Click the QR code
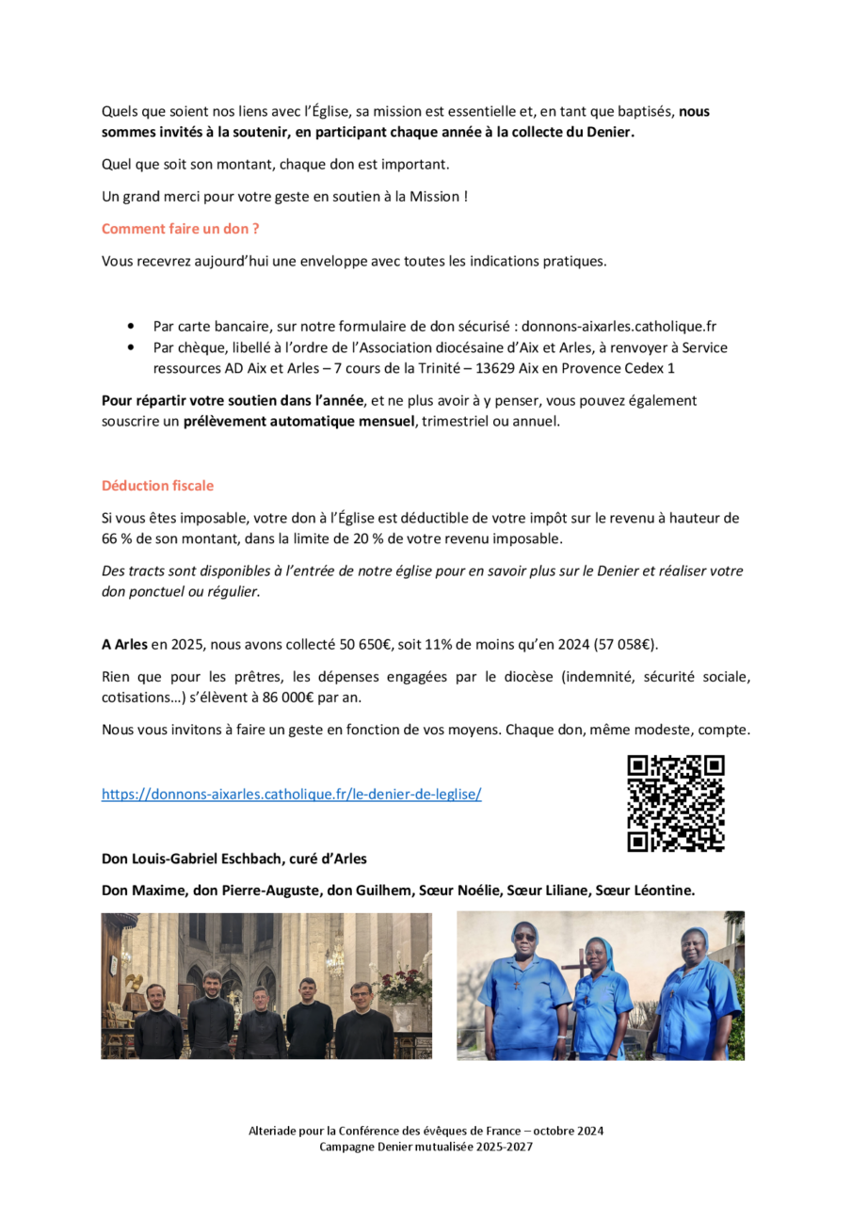pos(675,803)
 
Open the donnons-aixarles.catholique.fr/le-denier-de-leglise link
pos(291,794)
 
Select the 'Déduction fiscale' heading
pos(157,486)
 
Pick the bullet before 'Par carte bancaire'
pos(130,327)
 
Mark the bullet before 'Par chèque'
pos(130,347)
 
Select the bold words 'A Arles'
pos(124,645)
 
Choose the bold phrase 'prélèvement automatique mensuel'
pos(298,421)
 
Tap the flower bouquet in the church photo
pos(403,985)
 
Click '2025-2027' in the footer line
pos(504,1146)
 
